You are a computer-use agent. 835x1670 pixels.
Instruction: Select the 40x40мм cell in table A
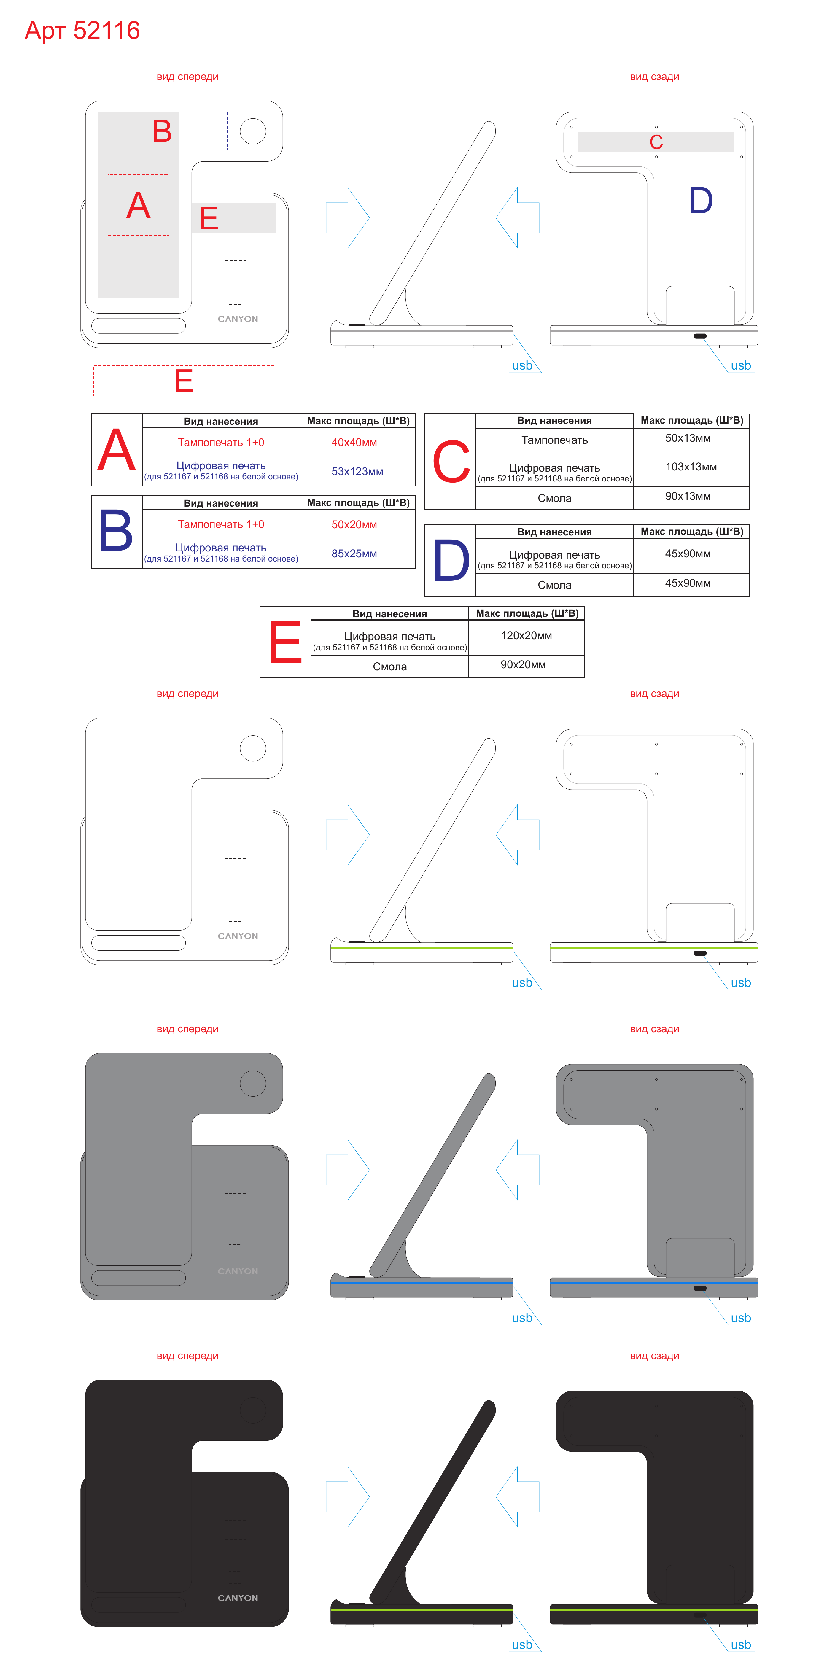coord(354,442)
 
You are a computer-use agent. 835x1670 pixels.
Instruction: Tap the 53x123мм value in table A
coord(357,471)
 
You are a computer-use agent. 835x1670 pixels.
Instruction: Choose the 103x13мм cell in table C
coord(691,467)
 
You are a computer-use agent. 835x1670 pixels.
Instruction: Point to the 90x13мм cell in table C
coord(688,496)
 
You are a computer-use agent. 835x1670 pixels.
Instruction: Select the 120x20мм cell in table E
coord(527,635)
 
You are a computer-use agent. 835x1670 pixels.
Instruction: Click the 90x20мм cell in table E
coord(523,664)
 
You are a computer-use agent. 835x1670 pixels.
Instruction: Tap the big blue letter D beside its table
coord(451,561)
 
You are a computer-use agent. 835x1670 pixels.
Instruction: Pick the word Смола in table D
coord(554,585)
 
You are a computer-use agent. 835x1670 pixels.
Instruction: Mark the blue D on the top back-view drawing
coord(701,201)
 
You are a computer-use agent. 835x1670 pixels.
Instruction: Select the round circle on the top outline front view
coord(253,131)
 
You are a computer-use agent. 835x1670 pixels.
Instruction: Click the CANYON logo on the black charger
coord(238,1598)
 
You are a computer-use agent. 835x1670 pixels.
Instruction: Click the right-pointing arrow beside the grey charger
coord(347,1170)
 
